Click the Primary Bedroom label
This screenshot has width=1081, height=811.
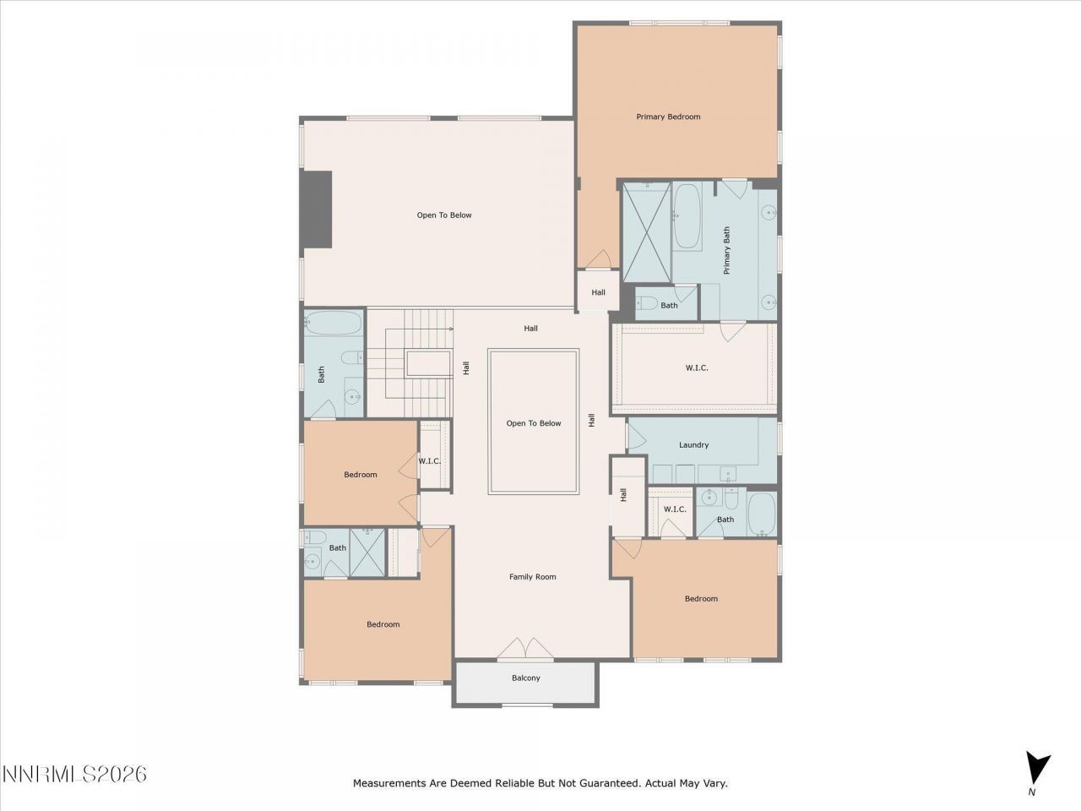point(668,117)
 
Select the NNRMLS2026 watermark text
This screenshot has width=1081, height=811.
point(74,774)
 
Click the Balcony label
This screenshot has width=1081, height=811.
point(525,678)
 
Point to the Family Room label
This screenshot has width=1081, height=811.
point(532,577)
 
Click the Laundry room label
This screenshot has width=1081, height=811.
point(693,444)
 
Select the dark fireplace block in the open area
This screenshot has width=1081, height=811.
point(318,210)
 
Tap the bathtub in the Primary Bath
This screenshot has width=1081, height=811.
point(687,217)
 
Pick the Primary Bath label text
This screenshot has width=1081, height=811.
point(726,250)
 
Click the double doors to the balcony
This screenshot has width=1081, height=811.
point(524,648)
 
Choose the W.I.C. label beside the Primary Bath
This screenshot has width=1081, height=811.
point(696,367)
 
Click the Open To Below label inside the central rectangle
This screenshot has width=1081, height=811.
point(533,423)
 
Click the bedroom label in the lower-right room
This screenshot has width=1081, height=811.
point(701,598)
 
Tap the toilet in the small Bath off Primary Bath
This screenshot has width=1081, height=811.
point(648,304)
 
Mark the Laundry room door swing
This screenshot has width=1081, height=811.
point(636,436)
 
